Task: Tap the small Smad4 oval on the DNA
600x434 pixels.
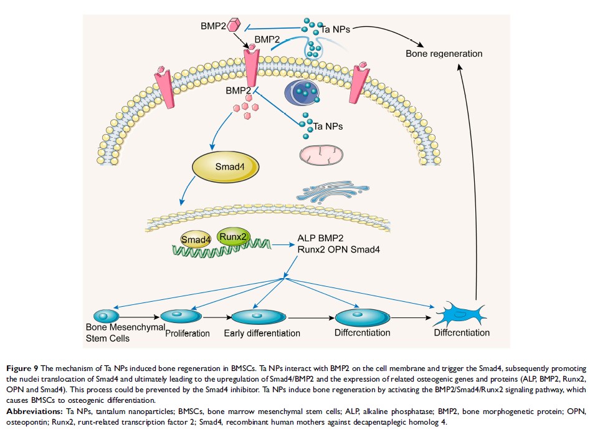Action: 195,239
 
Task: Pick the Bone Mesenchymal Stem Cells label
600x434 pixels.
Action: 125,332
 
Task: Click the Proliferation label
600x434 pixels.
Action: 187,334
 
